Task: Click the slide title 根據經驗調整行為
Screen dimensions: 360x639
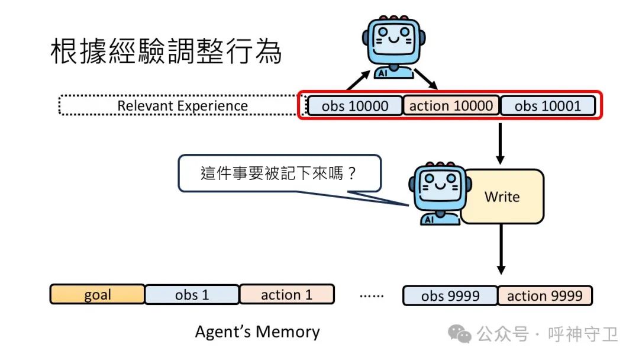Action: [166, 53]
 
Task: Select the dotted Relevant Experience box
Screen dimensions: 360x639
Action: [182, 106]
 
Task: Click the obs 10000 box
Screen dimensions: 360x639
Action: [355, 106]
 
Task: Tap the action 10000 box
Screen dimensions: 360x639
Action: [451, 106]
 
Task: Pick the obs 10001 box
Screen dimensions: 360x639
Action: [548, 106]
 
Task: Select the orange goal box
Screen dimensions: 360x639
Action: [97, 295]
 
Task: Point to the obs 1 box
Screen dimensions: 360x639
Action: [192, 295]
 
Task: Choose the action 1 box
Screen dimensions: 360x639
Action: [286, 295]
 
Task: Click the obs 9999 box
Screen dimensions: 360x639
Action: [450, 295]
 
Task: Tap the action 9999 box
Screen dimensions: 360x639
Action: [544, 295]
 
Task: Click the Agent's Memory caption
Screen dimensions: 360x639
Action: [257, 332]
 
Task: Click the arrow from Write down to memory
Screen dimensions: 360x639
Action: [501, 249]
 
